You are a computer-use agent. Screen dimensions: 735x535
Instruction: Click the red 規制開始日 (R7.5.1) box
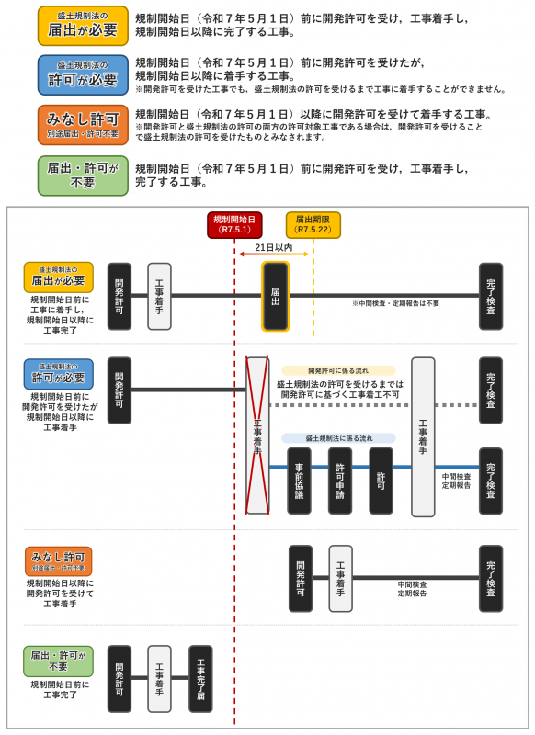coord(234,225)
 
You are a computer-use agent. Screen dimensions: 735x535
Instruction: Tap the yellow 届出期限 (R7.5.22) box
coord(313,225)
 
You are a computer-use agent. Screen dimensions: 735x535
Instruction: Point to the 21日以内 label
coord(274,248)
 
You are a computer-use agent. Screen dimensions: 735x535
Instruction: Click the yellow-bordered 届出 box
coord(276,296)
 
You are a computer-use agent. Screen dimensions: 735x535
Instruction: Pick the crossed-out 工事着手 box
coord(257,435)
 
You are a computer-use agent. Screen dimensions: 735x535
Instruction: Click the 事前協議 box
coord(299,481)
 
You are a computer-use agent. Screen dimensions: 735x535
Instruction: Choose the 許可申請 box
coord(340,481)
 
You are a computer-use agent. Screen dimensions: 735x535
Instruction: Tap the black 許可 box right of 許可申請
coord(381,481)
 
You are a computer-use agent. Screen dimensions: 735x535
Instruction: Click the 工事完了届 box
coord(200,678)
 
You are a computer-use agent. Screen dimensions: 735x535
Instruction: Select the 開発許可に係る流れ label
coord(339,371)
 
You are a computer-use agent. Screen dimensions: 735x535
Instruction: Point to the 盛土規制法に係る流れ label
coord(339,439)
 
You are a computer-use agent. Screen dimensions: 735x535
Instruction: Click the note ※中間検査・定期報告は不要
coord(395,303)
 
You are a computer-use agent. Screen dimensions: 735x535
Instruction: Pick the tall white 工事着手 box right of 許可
coord(423,436)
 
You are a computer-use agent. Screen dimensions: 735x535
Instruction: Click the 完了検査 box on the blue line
coord(491,481)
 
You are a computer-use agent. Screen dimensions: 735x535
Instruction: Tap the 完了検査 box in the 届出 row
coord(491,296)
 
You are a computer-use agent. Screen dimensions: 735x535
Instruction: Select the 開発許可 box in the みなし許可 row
coord(301,578)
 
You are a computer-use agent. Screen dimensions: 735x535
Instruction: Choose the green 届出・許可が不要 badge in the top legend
coord(83,175)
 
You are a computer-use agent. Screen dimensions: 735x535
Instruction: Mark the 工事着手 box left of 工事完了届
coord(159,678)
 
